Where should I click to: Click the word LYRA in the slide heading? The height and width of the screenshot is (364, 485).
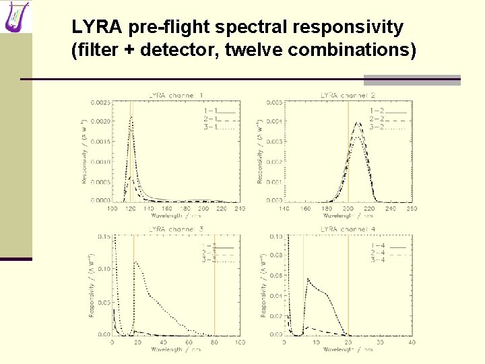tap(93, 28)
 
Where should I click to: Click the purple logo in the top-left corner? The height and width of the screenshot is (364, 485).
tap(17, 16)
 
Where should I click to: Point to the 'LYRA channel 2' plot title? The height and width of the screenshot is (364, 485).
tap(348, 96)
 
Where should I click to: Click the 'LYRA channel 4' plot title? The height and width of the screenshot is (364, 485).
tap(348, 230)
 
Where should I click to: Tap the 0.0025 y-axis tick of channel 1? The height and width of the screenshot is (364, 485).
tap(101, 102)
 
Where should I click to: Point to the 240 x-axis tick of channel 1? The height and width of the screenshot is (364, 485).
tap(240, 209)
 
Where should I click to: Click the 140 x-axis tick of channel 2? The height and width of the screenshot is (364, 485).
tap(284, 209)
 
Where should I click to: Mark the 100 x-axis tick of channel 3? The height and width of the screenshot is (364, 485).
tap(240, 342)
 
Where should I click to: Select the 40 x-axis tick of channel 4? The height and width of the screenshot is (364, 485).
tap(412, 342)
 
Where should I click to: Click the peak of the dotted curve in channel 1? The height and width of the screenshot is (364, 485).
tap(131, 117)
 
